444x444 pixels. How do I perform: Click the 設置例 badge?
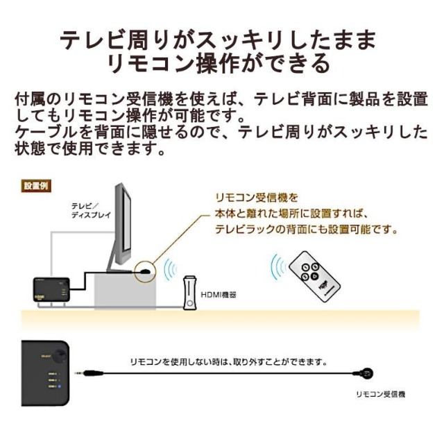[x=36, y=186]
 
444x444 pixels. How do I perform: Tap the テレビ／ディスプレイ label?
[x=86, y=210]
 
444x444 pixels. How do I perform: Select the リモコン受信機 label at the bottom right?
[x=380, y=394]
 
